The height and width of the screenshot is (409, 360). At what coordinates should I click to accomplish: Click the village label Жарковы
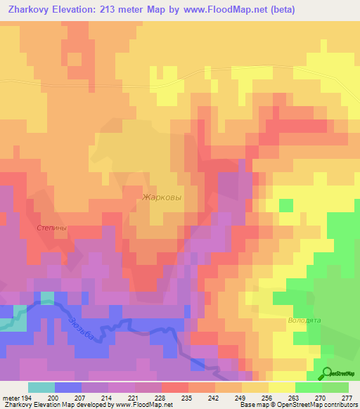pyautogui.click(x=162, y=197)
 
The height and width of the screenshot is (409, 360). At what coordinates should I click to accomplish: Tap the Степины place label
pyautogui.click(x=52, y=228)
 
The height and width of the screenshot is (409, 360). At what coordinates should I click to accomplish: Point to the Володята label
pyautogui.click(x=304, y=320)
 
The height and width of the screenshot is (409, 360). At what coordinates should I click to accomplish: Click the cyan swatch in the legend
pyautogui.click(x=41, y=387)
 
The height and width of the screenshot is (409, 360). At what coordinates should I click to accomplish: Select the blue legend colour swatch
pyautogui.click(x=68, y=387)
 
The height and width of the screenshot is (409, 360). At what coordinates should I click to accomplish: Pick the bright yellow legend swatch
pyautogui.click(x=281, y=387)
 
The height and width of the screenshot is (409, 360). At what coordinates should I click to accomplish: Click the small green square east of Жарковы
pyautogui.click(x=286, y=205)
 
